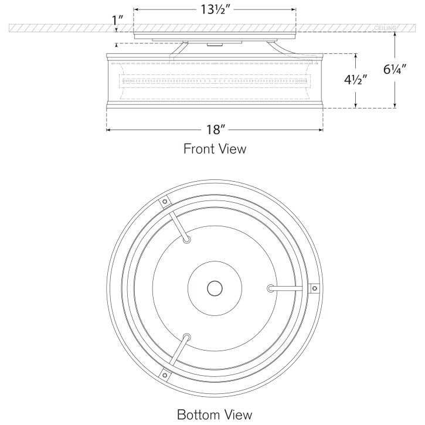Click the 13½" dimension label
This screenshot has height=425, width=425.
[214, 9]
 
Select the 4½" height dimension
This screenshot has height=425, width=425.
[355, 80]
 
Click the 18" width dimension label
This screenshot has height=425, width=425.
[215, 130]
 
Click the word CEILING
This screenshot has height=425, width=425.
[385, 28]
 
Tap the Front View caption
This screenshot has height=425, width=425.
[215, 149]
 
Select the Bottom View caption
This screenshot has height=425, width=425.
[215, 414]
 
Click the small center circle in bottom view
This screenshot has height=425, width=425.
[215, 288]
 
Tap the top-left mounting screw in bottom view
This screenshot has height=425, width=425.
[165, 202]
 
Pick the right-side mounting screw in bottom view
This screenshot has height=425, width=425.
[314, 288]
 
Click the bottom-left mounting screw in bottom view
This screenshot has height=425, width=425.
[165, 374]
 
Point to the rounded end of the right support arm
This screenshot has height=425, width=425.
[271, 288]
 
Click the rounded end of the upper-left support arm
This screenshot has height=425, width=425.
[186, 239]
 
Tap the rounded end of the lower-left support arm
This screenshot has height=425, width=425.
[186, 337]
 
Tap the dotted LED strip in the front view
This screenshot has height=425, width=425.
[215, 80]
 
